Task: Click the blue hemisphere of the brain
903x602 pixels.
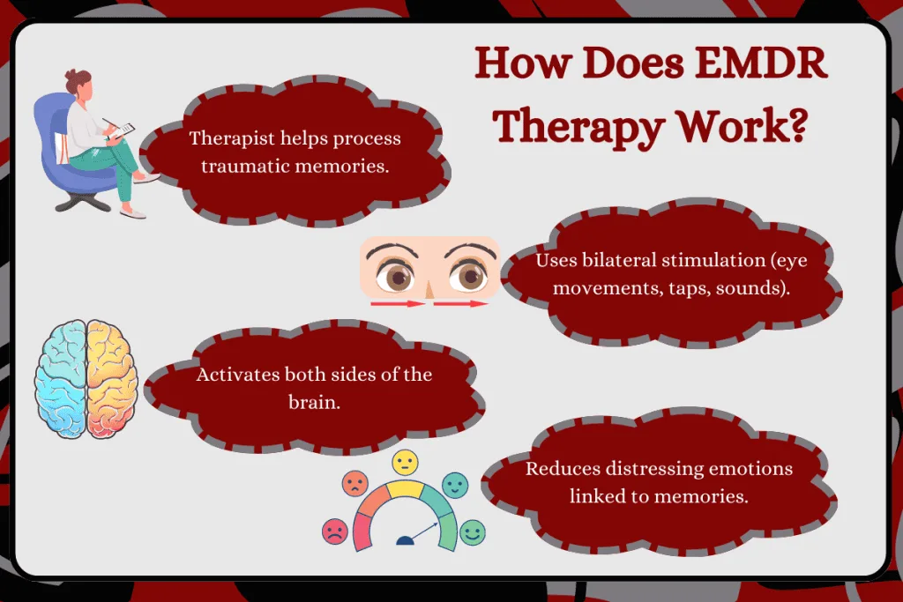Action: pos(61,378)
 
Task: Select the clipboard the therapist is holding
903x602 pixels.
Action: pos(123,130)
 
